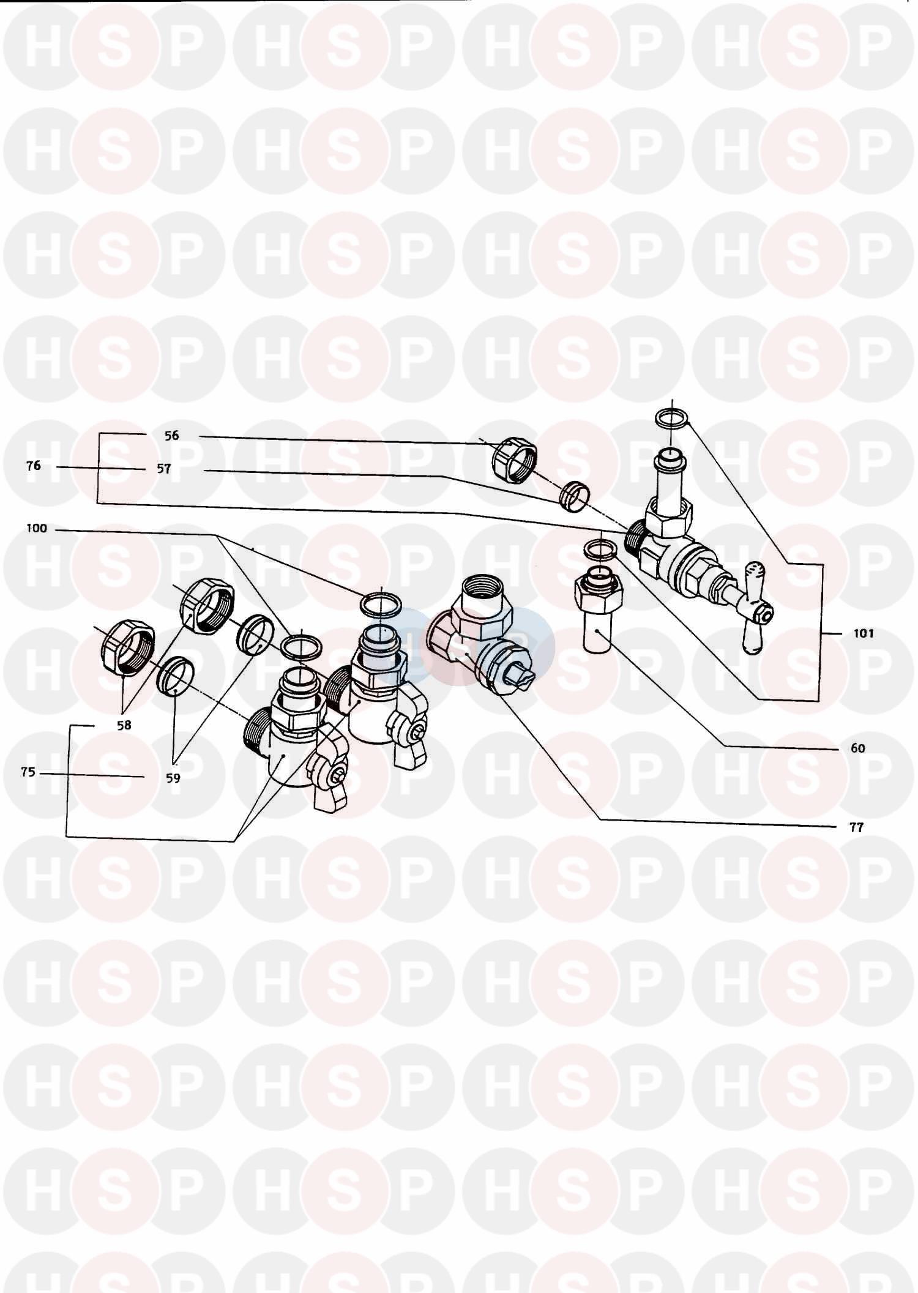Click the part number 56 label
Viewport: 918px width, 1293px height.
[x=172, y=436]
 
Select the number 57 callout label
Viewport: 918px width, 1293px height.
[x=164, y=469]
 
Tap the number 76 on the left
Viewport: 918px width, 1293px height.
[x=34, y=466]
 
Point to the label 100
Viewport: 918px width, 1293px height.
[x=37, y=528]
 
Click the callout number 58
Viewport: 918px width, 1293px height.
[x=124, y=725]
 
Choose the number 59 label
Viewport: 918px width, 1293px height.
[x=173, y=778]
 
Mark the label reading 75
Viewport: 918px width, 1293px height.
[x=28, y=772]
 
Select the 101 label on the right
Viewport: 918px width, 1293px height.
[x=864, y=633]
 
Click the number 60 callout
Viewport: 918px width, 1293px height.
[x=858, y=748]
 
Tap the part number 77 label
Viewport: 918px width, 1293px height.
[x=856, y=828]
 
